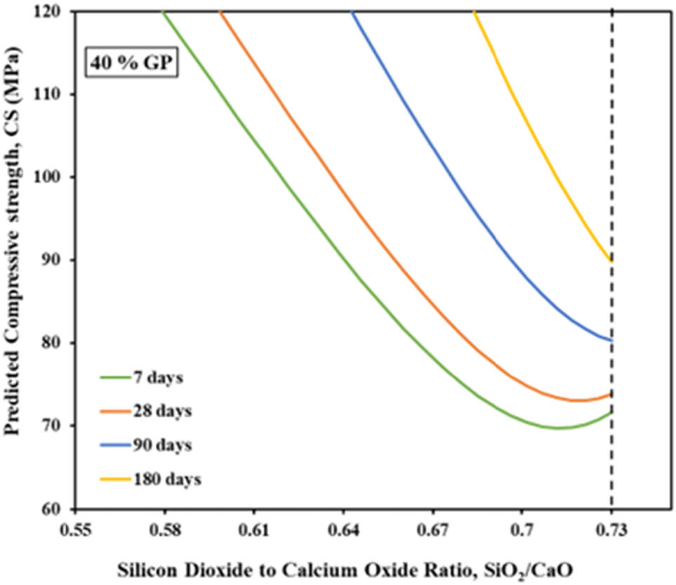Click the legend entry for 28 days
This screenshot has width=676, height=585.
tap(161, 412)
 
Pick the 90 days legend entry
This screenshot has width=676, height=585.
tap(161, 445)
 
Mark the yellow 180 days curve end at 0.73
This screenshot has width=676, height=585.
tap(611, 261)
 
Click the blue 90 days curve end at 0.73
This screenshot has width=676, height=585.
tap(611, 340)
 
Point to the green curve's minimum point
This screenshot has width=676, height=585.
tap(559, 428)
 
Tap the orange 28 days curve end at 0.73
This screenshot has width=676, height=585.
tap(611, 395)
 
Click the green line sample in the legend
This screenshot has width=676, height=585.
tap(113, 378)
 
